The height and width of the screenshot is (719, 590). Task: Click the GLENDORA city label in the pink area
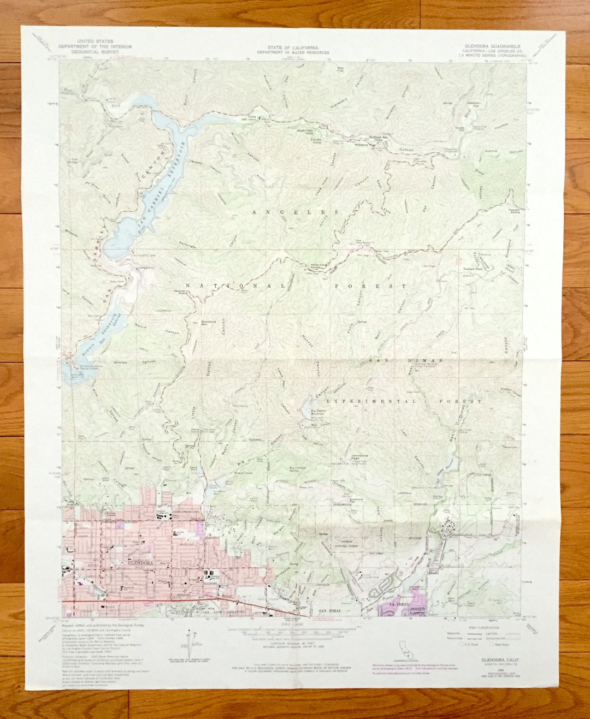[x=139, y=562]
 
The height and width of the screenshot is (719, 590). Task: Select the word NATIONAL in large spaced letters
[x=234, y=286]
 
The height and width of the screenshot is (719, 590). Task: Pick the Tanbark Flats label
[x=473, y=269]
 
